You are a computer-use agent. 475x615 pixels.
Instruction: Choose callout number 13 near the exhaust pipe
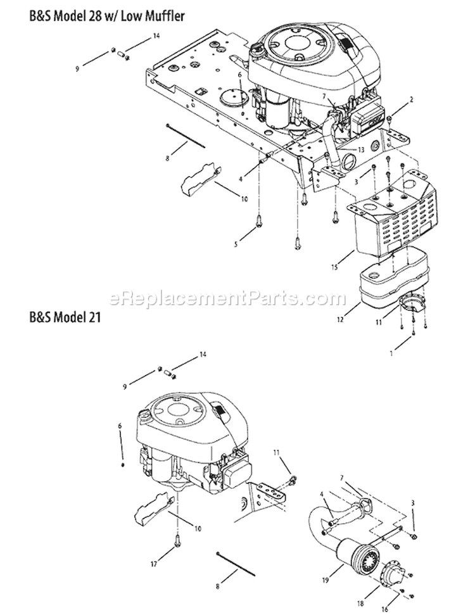(x=343, y=150)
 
